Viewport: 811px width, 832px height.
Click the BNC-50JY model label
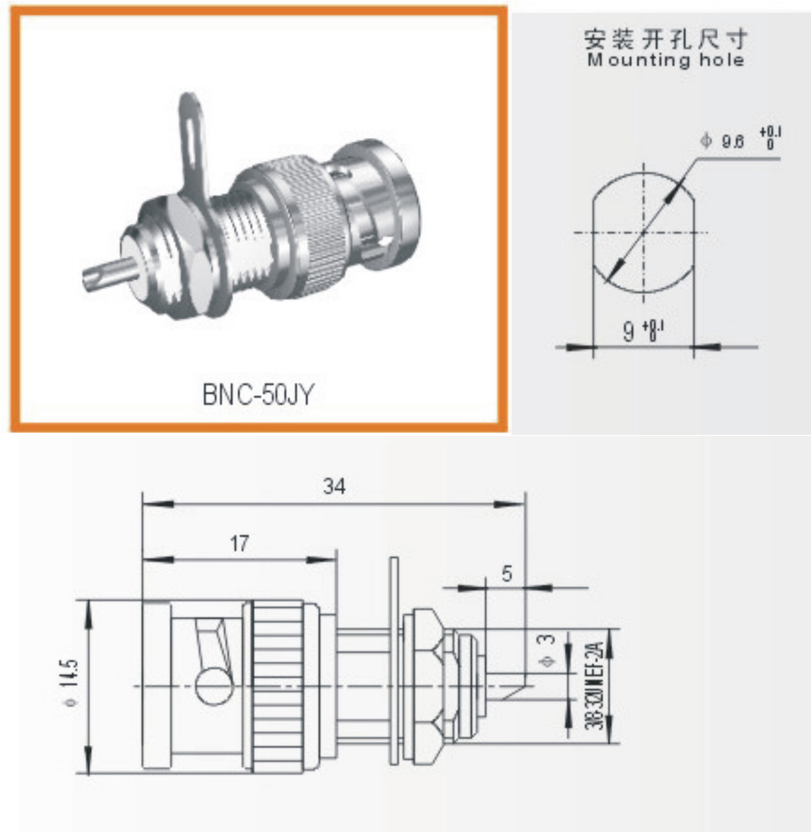click(x=258, y=394)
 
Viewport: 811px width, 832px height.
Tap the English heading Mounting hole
click(x=665, y=60)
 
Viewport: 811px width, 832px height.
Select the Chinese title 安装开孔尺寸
click(x=665, y=39)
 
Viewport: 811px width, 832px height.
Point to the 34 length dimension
click(x=334, y=487)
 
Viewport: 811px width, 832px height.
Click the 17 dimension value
click(x=239, y=543)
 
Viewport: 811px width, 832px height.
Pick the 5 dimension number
click(x=507, y=574)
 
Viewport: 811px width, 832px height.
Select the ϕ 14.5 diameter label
click(x=71, y=683)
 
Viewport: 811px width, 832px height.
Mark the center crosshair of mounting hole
click(x=644, y=233)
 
